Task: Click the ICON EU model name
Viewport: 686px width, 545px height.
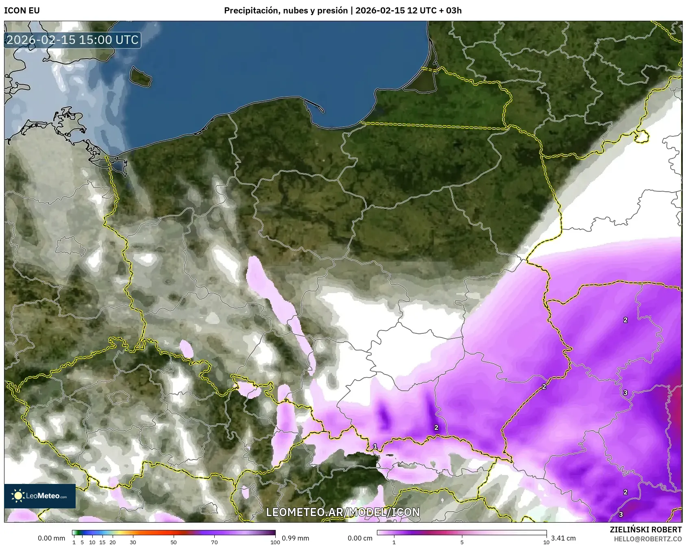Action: click(22, 11)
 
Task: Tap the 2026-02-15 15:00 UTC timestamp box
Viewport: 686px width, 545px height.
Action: click(72, 40)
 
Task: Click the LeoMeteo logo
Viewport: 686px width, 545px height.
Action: click(40, 496)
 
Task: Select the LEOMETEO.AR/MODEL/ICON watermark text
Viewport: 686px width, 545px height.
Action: click(343, 512)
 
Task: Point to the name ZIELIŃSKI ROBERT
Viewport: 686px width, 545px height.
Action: click(646, 530)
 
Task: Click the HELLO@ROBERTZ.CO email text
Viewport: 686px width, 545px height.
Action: click(648, 539)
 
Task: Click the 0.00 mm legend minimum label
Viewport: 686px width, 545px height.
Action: click(51, 538)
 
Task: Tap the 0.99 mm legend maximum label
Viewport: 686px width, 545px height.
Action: click(295, 538)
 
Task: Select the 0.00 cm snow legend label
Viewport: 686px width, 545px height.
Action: click(360, 538)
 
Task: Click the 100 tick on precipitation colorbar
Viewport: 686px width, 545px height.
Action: click(275, 542)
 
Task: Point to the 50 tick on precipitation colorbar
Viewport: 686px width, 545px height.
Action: click(174, 542)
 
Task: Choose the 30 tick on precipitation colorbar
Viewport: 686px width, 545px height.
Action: click(133, 542)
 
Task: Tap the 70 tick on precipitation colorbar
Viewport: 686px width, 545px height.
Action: click(214, 542)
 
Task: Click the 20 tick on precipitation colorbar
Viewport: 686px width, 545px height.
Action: click(113, 542)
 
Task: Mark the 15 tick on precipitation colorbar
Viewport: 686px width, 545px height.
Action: click(102, 542)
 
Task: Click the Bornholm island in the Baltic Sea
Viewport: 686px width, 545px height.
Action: click(140, 77)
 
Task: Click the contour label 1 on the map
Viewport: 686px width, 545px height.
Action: click(375, 447)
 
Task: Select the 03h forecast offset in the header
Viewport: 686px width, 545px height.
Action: click(455, 11)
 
